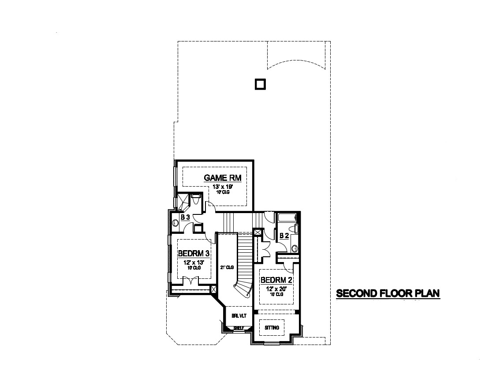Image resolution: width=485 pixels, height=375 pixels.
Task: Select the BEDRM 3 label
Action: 193,254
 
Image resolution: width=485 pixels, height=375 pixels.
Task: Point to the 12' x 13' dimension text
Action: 193,262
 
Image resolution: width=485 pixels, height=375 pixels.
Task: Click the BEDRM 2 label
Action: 276,280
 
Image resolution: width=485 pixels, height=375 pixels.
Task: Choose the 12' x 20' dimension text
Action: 276,289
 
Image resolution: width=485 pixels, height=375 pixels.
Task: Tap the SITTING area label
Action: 272,328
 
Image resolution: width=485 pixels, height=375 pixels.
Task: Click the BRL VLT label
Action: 239,316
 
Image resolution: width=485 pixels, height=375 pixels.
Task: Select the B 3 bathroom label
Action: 186,217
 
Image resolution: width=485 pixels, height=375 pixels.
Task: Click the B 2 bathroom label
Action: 284,236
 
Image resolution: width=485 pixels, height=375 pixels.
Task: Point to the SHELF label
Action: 239,328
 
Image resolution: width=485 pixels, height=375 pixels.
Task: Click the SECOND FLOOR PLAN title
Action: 388,293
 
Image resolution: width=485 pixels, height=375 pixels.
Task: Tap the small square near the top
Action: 261,84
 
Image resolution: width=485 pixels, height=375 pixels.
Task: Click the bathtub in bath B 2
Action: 287,217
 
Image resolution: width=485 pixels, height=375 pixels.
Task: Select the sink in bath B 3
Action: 175,223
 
